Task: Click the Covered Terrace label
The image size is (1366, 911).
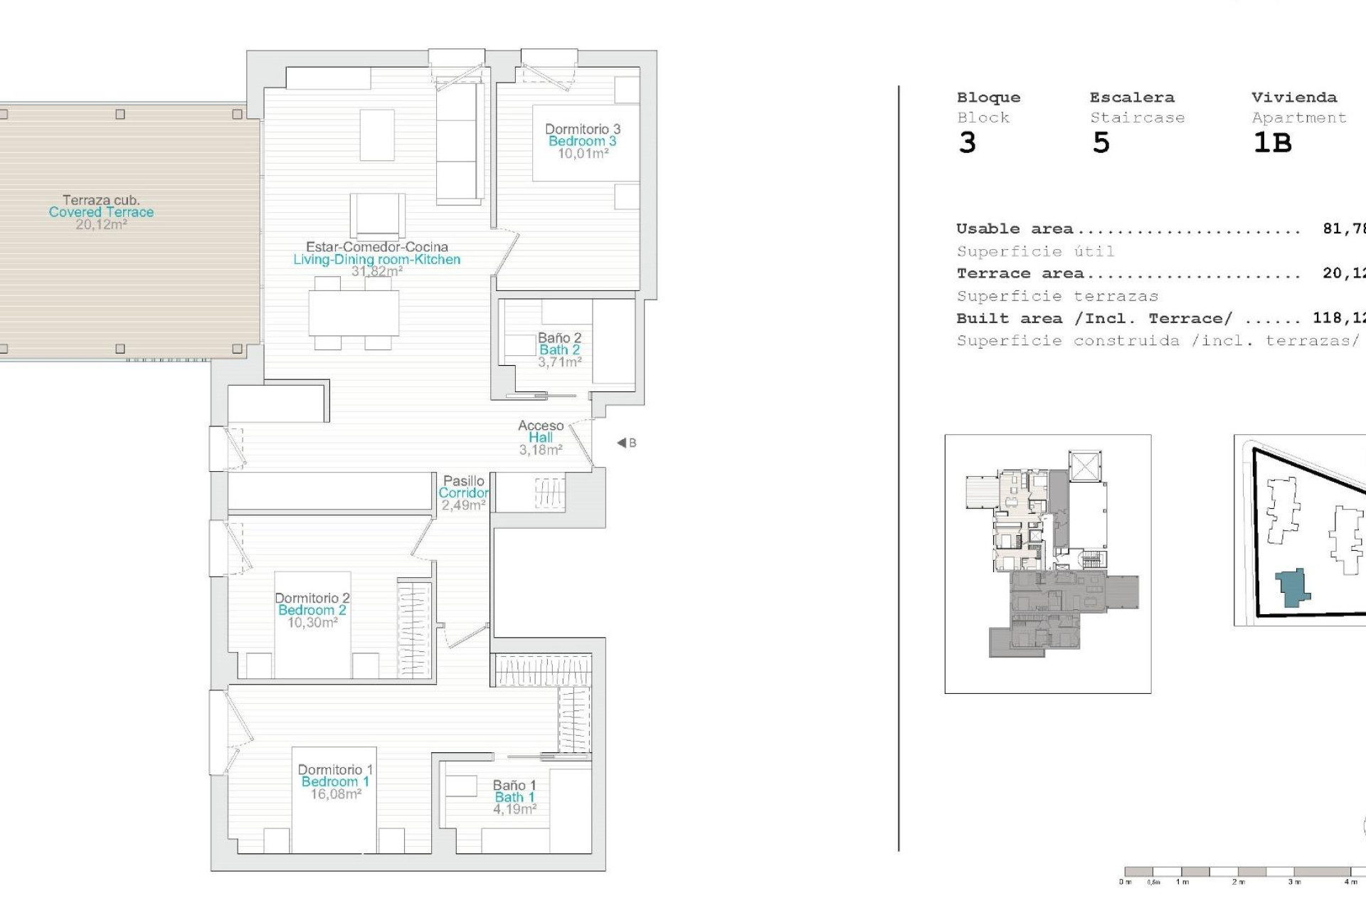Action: (101, 212)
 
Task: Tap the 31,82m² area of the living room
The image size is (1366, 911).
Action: (377, 271)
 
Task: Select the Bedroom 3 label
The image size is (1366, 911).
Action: (582, 141)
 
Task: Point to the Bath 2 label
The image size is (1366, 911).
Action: (559, 349)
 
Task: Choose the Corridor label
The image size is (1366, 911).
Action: (463, 493)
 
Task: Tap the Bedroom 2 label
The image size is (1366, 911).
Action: (312, 610)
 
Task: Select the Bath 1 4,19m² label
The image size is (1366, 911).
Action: (514, 797)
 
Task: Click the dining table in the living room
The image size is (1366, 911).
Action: (354, 313)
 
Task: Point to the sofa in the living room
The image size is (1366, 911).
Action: (460, 142)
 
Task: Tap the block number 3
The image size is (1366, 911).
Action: (967, 143)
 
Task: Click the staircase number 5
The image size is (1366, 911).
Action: (1101, 143)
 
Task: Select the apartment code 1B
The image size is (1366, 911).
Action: (1272, 143)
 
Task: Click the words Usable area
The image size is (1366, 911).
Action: (1015, 229)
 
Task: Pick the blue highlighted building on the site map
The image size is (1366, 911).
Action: (1293, 588)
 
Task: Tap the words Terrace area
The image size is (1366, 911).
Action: (1020, 273)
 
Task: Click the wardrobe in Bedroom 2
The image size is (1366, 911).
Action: (414, 630)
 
